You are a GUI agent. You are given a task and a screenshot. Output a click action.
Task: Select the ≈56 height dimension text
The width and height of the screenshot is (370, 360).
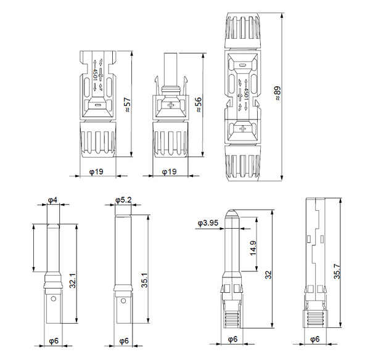[199, 105]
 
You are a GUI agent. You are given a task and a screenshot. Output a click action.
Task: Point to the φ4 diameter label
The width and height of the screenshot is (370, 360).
[52, 201]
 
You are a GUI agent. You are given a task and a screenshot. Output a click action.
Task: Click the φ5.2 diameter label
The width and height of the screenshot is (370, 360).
[122, 201]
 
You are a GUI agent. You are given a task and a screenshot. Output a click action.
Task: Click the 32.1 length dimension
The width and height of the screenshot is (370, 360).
[73, 283]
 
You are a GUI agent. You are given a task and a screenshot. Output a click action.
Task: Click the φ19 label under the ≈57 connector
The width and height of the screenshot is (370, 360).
[96, 171]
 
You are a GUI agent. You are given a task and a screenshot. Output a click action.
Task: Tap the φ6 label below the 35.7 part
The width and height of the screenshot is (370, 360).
[314, 339]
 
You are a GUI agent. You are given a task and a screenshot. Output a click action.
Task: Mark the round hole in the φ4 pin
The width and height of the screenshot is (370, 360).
[53, 300]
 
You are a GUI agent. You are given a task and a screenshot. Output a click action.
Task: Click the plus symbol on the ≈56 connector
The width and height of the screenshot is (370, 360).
[171, 105]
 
